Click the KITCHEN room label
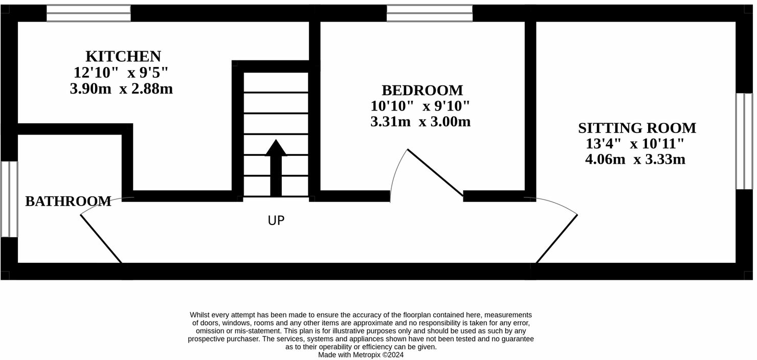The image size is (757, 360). pos(123,56)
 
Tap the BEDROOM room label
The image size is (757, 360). pos(422,91)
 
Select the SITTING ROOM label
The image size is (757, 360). pos(637,128)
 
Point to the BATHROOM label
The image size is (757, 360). pos(68,201)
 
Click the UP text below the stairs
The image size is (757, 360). pos(276,221)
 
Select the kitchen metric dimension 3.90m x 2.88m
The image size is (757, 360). pos(121,89)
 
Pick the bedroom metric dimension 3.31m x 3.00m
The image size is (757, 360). pos(420,122)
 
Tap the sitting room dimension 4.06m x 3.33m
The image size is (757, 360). pos(635,160)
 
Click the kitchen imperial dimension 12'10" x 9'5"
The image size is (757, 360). pos(121,73)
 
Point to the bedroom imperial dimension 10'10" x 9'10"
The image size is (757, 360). pos(420,106)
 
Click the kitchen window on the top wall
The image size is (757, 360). pos(88,13)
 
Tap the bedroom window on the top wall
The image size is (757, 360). pos(429,13)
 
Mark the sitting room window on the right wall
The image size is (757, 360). pos(744,141)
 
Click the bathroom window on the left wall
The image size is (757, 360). pos(9,199)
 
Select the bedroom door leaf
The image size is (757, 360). pos(435,173)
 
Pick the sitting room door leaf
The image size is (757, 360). pos(556,239)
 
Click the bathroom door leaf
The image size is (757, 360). pos(101,239)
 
